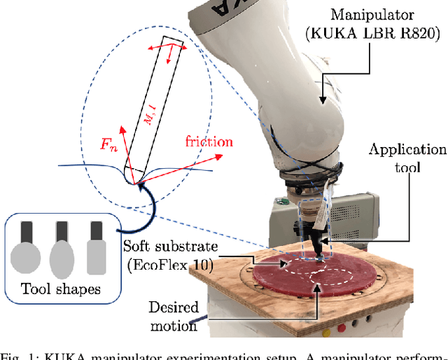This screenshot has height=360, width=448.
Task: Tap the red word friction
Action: tap(209, 142)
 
